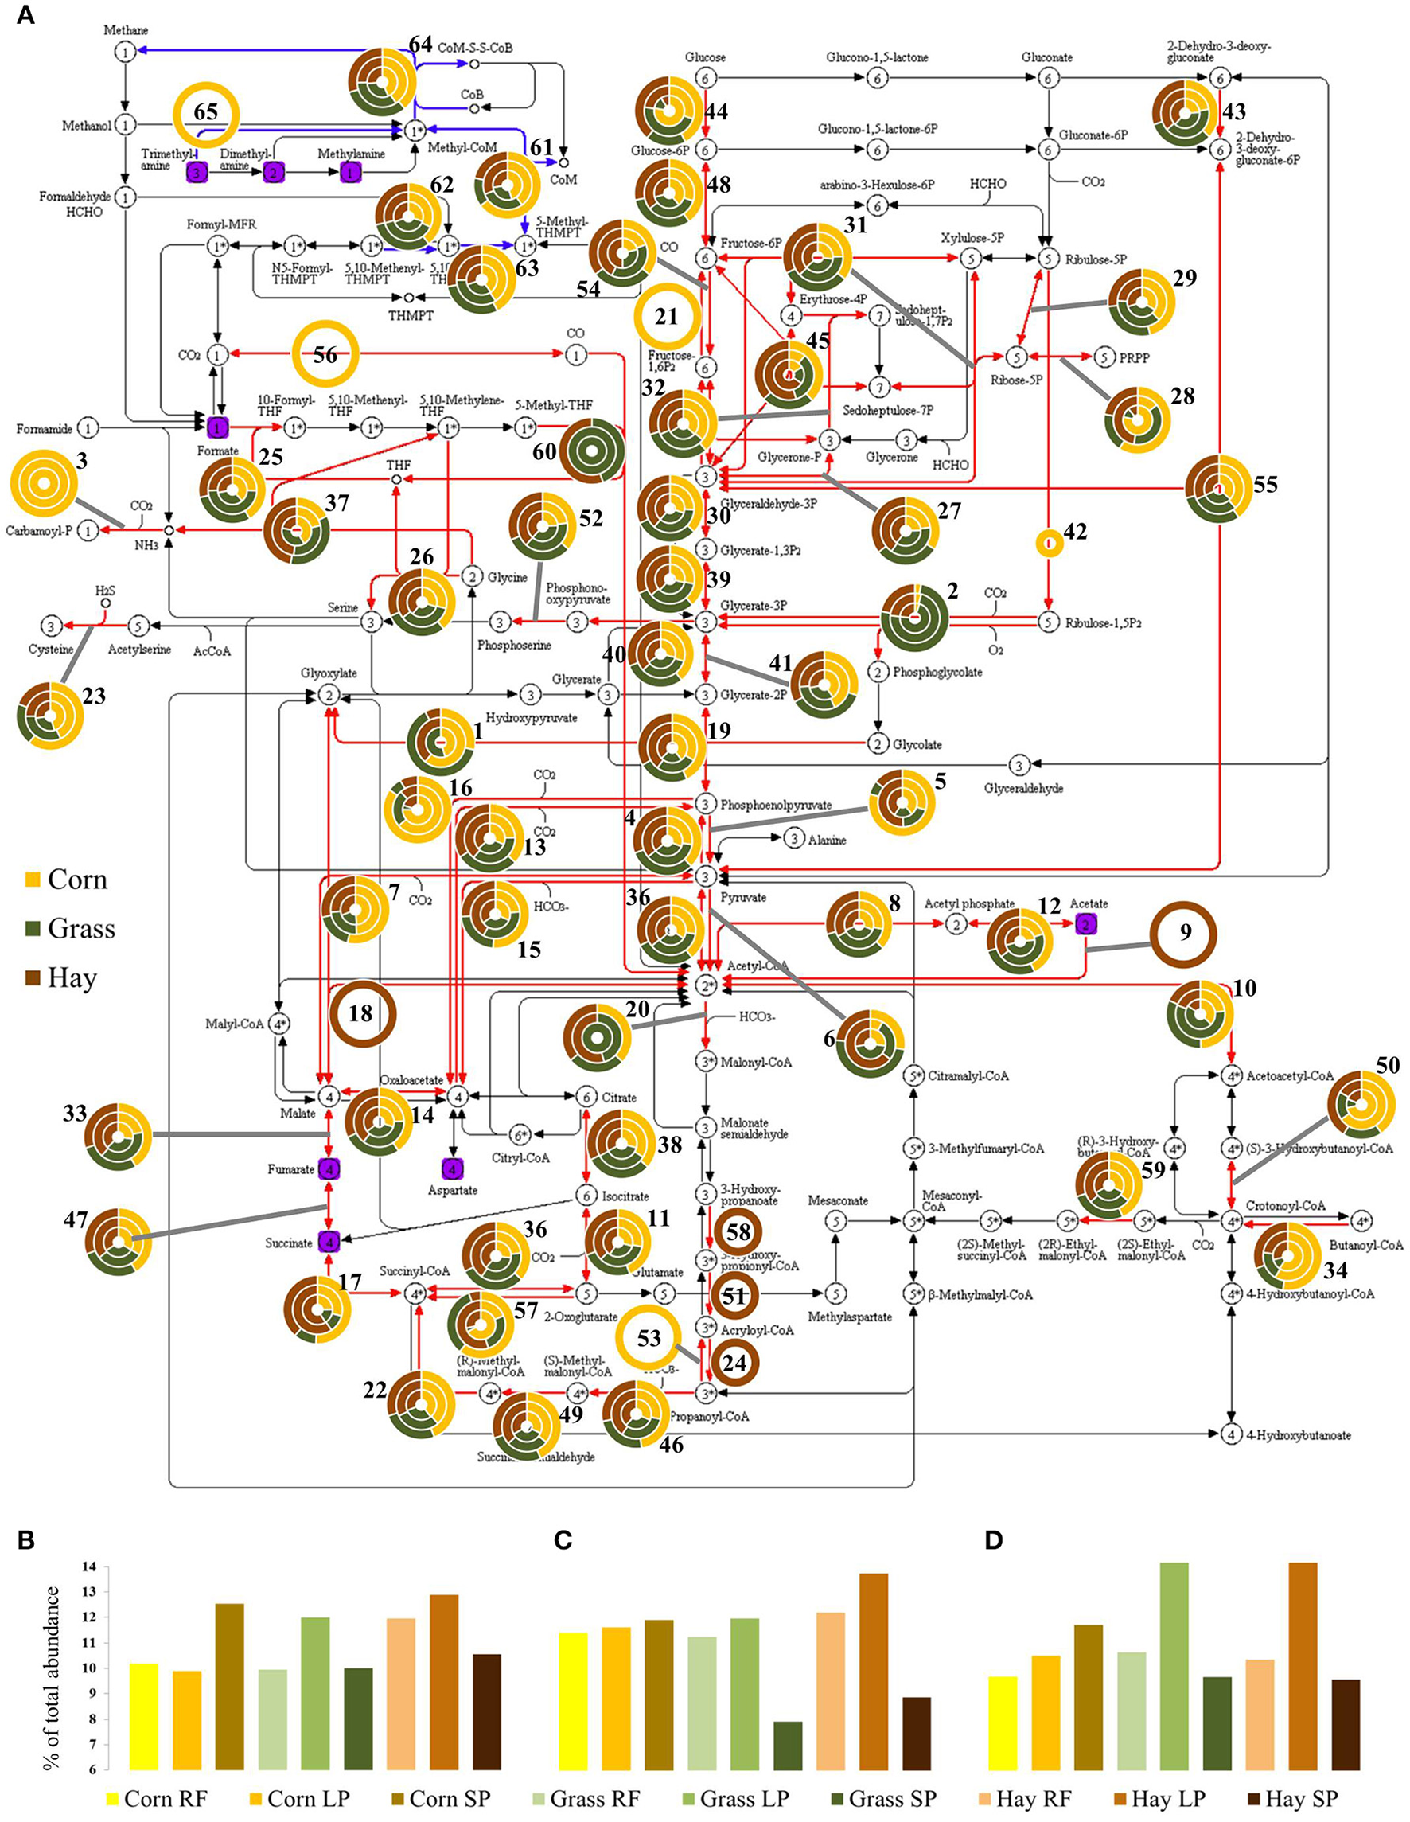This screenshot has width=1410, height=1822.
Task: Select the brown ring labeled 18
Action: pos(361,1013)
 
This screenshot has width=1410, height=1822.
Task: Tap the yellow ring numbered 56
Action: pos(325,354)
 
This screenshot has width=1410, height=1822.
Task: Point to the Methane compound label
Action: pos(126,30)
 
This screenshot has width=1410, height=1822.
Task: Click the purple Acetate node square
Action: pos(1085,923)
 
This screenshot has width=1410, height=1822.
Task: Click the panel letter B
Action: pos(25,1540)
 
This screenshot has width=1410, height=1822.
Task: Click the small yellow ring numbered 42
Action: pos(1048,544)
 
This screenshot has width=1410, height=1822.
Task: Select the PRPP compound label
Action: pos(1135,358)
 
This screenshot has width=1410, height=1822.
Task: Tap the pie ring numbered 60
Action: pos(591,451)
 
